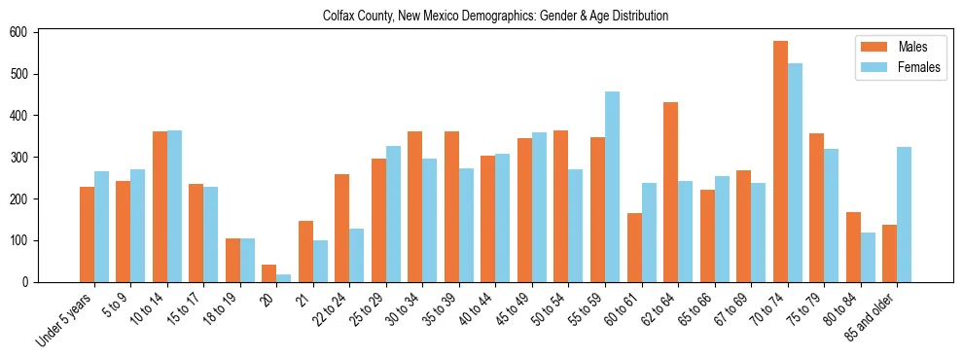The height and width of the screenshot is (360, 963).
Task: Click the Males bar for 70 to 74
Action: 780,162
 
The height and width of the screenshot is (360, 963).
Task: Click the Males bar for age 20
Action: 269,273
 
